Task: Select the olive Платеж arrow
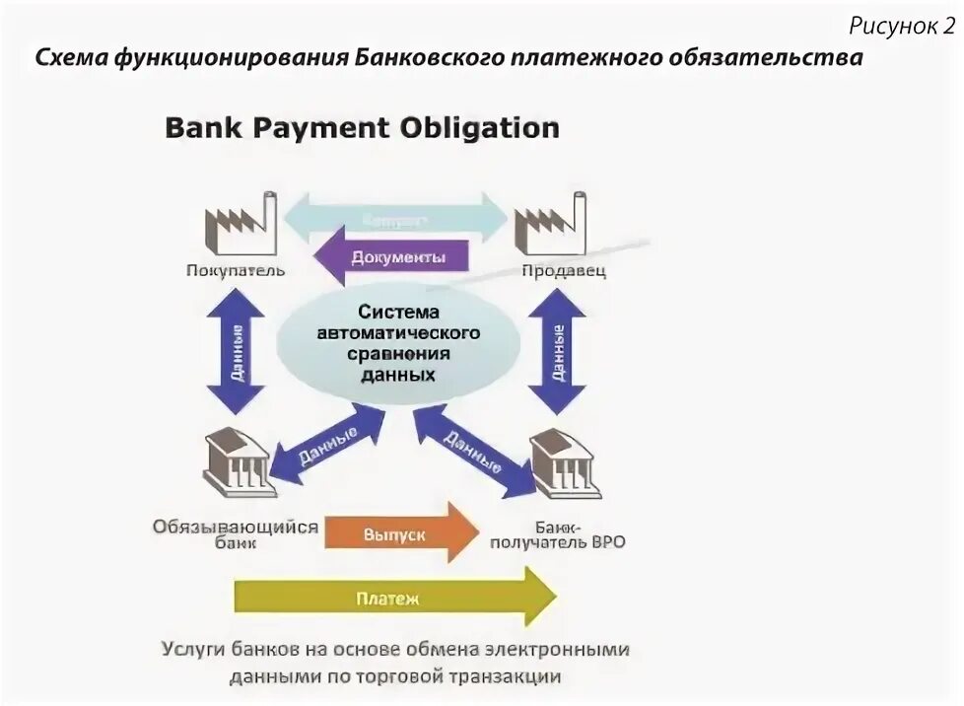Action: (x=394, y=597)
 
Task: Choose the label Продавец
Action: (x=563, y=270)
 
